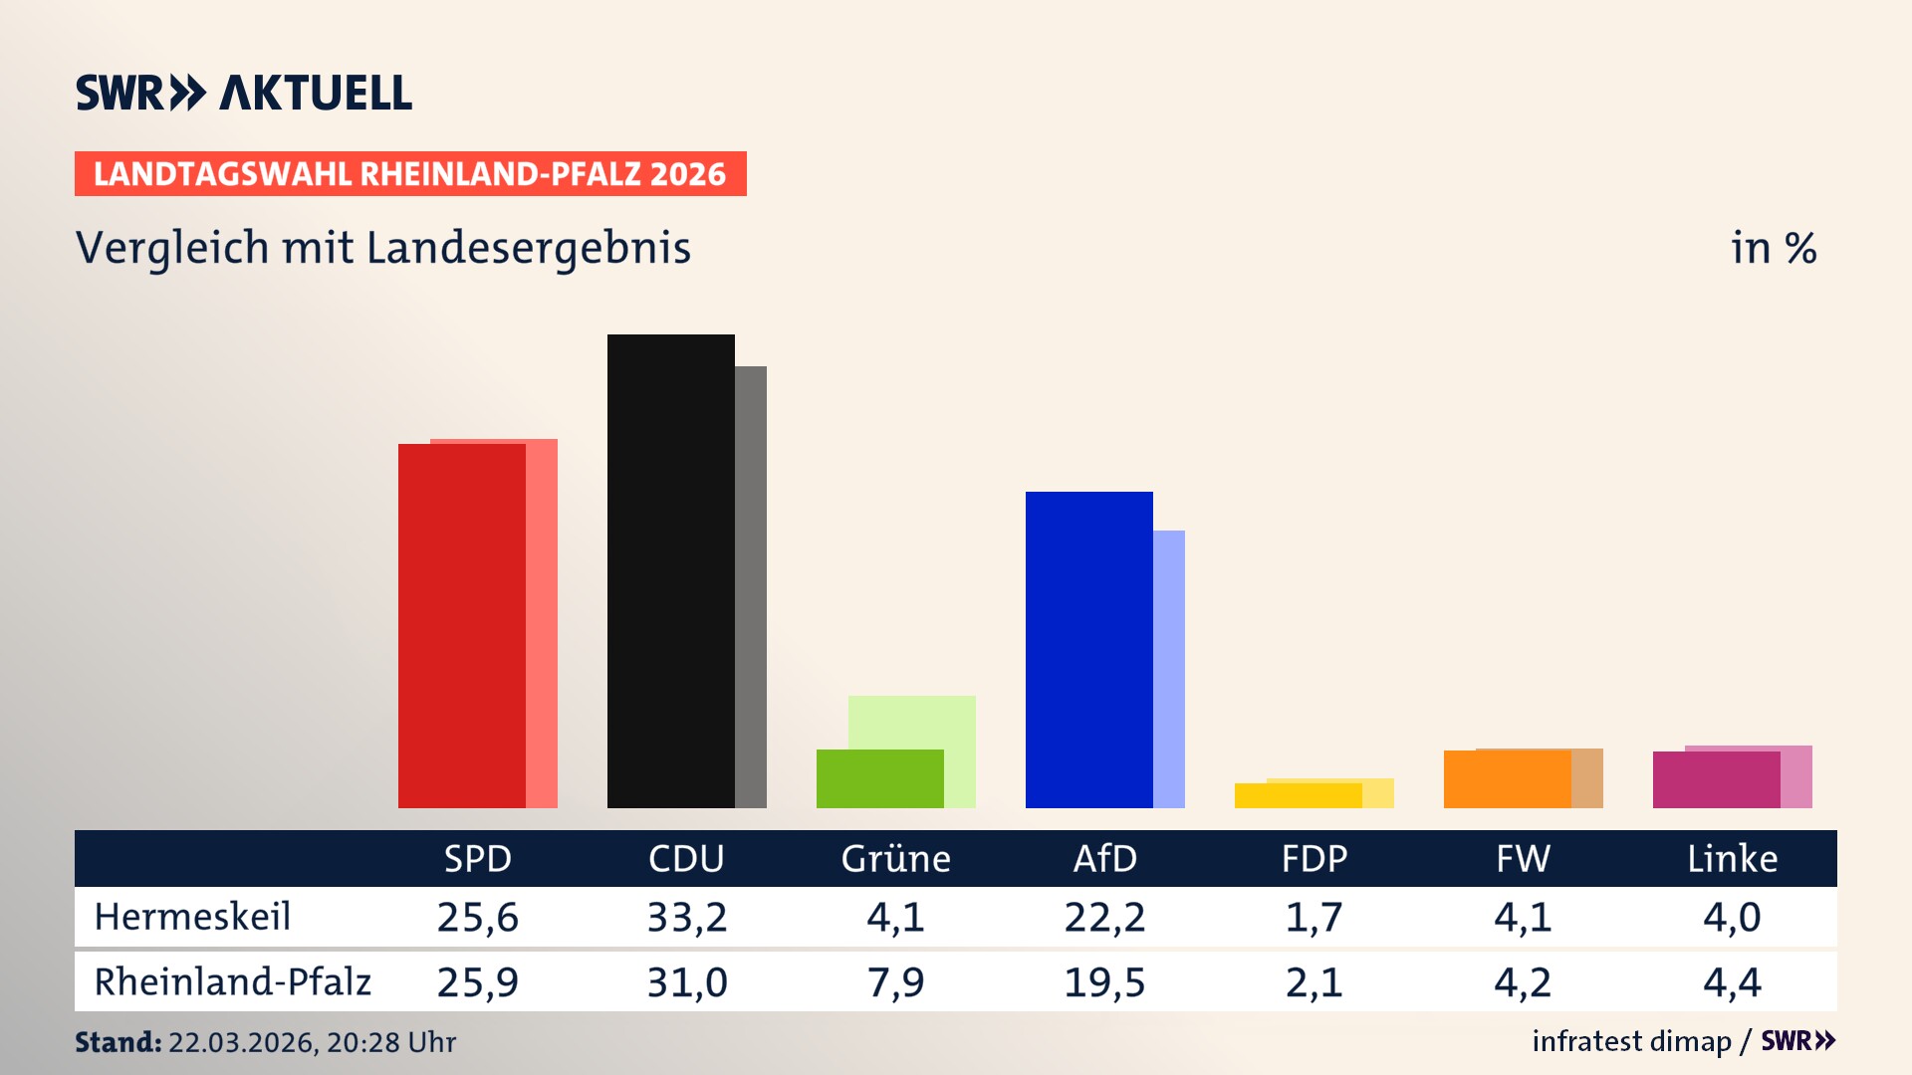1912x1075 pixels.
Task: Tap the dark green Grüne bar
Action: [x=879, y=778]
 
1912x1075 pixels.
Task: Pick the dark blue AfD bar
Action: [x=1088, y=649]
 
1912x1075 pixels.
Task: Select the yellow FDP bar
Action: [x=1298, y=795]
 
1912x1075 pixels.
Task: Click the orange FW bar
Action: [x=1507, y=779]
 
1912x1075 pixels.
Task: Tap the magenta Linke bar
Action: [x=1716, y=779]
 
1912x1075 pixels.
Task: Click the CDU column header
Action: [x=686, y=859]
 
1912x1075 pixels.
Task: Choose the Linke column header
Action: [x=1732, y=859]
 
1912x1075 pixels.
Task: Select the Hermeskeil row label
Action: [x=192, y=917]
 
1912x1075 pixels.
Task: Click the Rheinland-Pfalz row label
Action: [x=232, y=982]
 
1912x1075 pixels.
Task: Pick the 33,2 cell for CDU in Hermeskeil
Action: [x=687, y=917]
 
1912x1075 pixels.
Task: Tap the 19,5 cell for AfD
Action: [x=1104, y=982]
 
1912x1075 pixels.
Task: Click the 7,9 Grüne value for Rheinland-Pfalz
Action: [x=895, y=982]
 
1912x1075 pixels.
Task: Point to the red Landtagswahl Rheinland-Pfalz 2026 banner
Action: [x=410, y=174]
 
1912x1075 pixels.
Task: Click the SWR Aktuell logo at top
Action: [x=244, y=93]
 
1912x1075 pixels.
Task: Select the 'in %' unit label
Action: [x=1773, y=249]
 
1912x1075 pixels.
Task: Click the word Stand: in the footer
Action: [x=118, y=1042]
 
